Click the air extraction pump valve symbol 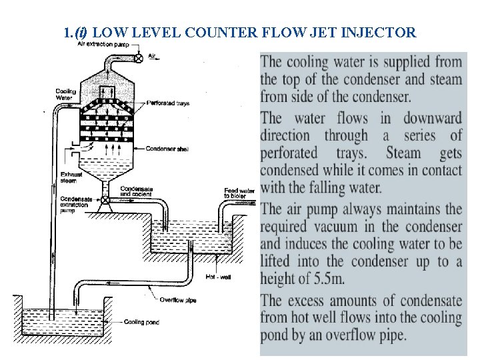click(x=139, y=58)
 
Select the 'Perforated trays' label click(x=167, y=103)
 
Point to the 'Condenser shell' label click(x=167, y=149)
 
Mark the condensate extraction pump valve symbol click(x=105, y=200)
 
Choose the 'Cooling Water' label click(x=65, y=95)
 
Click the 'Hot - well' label click(x=218, y=277)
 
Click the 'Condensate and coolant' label click(x=135, y=191)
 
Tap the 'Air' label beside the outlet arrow click(x=151, y=57)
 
